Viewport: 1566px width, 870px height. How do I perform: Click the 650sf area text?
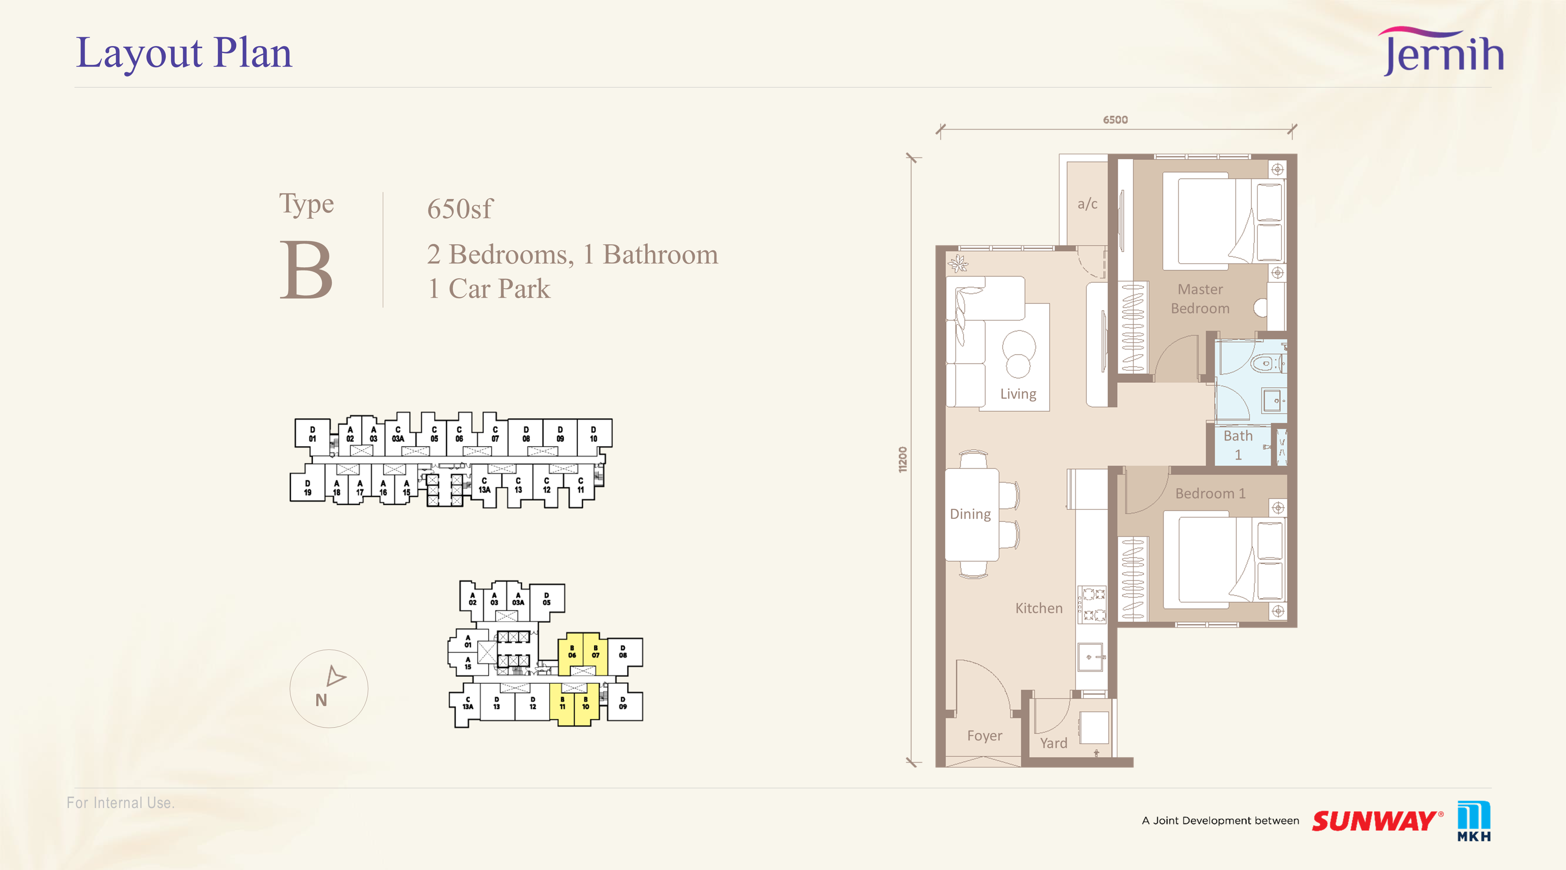460,209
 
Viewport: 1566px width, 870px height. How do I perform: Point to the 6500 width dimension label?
1116,120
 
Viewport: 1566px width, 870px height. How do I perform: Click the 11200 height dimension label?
903,459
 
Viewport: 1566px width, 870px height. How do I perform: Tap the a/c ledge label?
1088,204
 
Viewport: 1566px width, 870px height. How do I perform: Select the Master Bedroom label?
1200,298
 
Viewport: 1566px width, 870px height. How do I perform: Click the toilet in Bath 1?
1267,364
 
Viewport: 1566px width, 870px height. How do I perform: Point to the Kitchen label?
1039,608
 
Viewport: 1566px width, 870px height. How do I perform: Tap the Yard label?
1054,743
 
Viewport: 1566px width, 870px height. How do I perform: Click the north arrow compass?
329,689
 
